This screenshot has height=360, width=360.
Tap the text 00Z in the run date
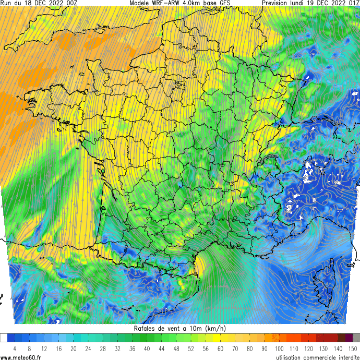point(71,3)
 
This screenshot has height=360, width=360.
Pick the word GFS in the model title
point(223,3)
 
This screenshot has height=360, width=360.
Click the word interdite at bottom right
point(344,356)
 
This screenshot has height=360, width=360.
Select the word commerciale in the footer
point(309,356)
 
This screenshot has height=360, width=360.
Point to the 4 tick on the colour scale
point(15,348)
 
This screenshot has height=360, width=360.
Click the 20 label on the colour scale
point(74,348)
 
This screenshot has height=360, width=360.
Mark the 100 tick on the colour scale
point(279,348)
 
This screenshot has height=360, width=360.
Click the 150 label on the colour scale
point(353,348)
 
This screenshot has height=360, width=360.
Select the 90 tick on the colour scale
point(265,348)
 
